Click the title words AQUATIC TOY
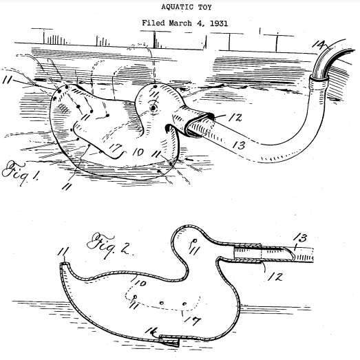187,7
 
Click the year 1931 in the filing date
219,23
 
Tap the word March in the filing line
180,23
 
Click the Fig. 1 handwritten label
20,173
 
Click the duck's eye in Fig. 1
153,107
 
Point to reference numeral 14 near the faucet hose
320,44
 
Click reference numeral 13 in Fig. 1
239,145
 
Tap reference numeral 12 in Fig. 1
235,118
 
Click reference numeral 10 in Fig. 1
138,151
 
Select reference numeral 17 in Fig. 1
115,148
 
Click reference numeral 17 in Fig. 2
193,321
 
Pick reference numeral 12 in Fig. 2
275,276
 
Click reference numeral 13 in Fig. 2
300,238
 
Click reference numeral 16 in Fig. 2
151,332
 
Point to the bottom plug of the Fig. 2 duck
169,341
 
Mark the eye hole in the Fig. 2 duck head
195,241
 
